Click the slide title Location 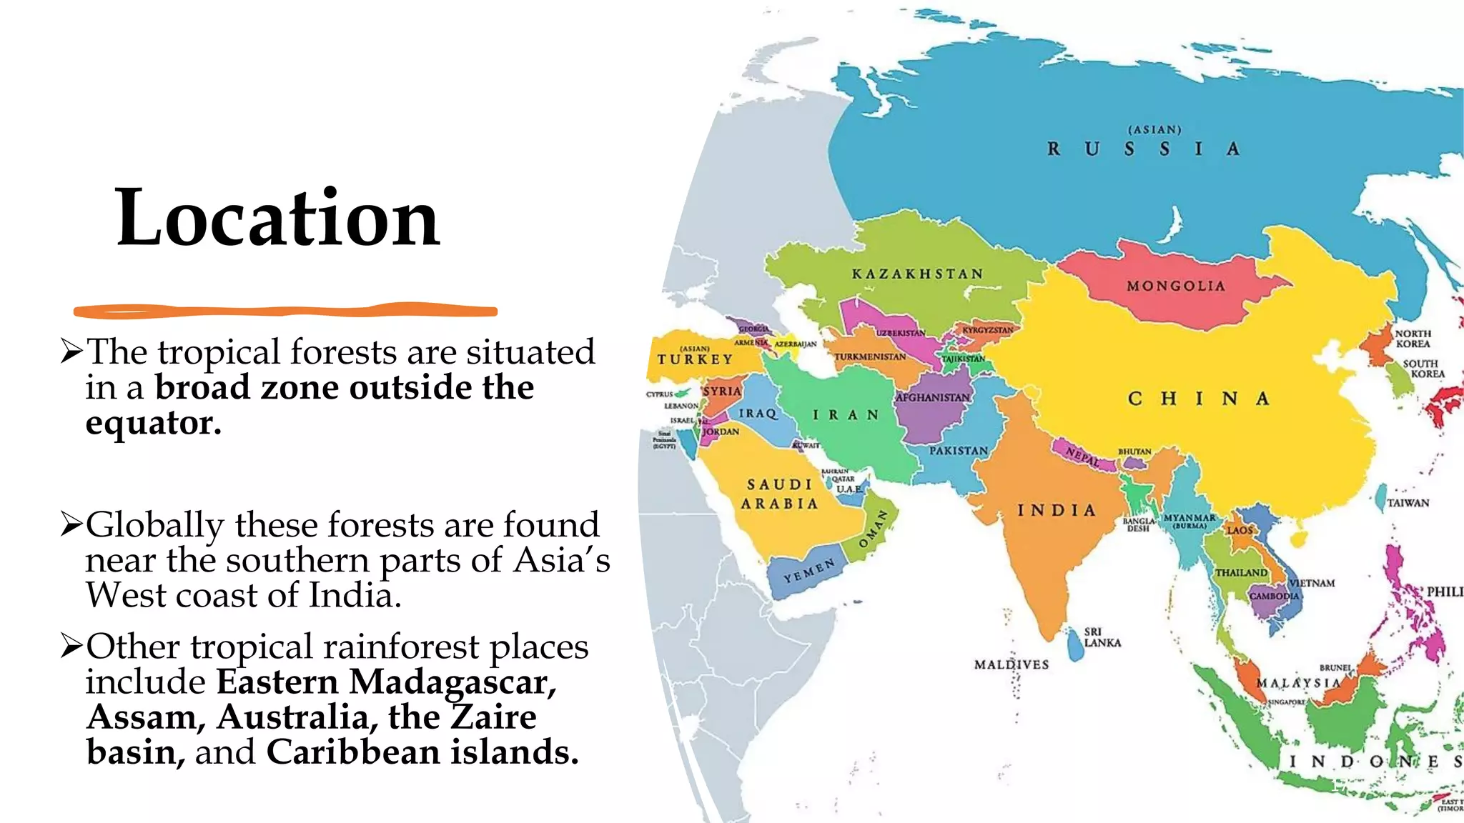click(x=277, y=217)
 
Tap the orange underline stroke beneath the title click(x=286, y=311)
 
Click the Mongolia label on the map click(x=1176, y=286)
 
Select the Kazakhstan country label click(x=918, y=274)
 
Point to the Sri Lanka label click(x=1102, y=637)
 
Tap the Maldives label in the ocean click(x=1012, y=664)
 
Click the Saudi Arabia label click(x=779, y=494)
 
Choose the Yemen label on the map click(x=808, y=572)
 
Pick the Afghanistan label click(x=933, y=397)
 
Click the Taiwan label click(x=1408, y=503)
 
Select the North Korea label click(x=1413, y=339)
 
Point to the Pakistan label click(x=959, y=451)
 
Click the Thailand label click(x=1241, y=573)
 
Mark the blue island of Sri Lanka click(x=1074, y=647)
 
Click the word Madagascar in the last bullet click(x=452, y=682)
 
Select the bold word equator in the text click(x=152, y=423)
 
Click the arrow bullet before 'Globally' click(x=71, y=524)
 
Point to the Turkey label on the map click(x=695, y=359)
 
